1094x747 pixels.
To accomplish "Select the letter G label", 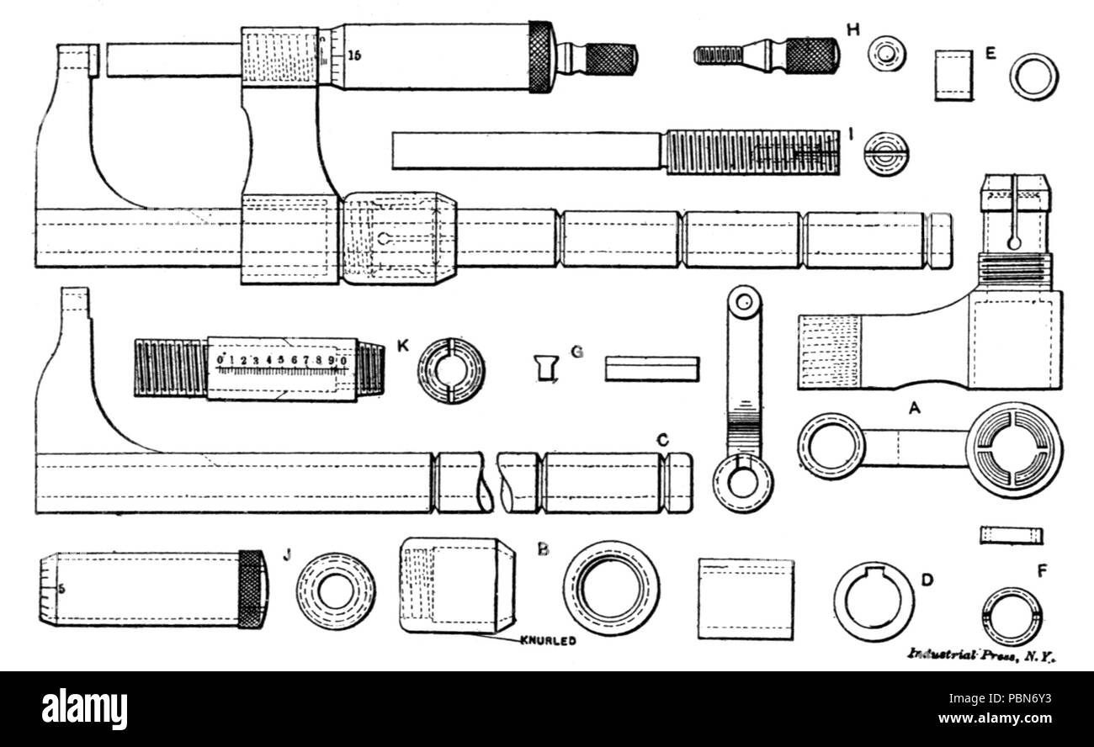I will click(x=577, y=352).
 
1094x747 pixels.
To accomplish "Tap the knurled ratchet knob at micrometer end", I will click(x=612, y=58).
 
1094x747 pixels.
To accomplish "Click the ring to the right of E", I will click(x=1033, y=77).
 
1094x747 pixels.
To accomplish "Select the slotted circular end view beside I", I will click(x=886, y=153).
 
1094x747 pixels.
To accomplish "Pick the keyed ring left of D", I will click(x=873, y=601).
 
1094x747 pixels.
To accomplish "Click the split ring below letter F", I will click(x=1012, y=616).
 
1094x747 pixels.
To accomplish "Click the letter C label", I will click(x=662, y=439).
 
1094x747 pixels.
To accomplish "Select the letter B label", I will click(x=543, y=549).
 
